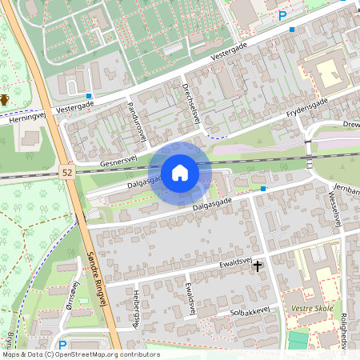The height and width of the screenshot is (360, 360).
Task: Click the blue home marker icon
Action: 180,172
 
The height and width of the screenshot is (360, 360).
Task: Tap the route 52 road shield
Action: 67,172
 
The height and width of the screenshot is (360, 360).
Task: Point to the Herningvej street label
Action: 29,115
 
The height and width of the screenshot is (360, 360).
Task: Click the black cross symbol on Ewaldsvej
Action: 258,266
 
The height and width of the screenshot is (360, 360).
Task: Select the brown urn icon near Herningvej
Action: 4,99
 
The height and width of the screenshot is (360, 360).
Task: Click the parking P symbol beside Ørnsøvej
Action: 62,346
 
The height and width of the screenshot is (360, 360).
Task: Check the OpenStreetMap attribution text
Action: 80,354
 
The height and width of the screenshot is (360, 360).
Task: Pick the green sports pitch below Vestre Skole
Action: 298,339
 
